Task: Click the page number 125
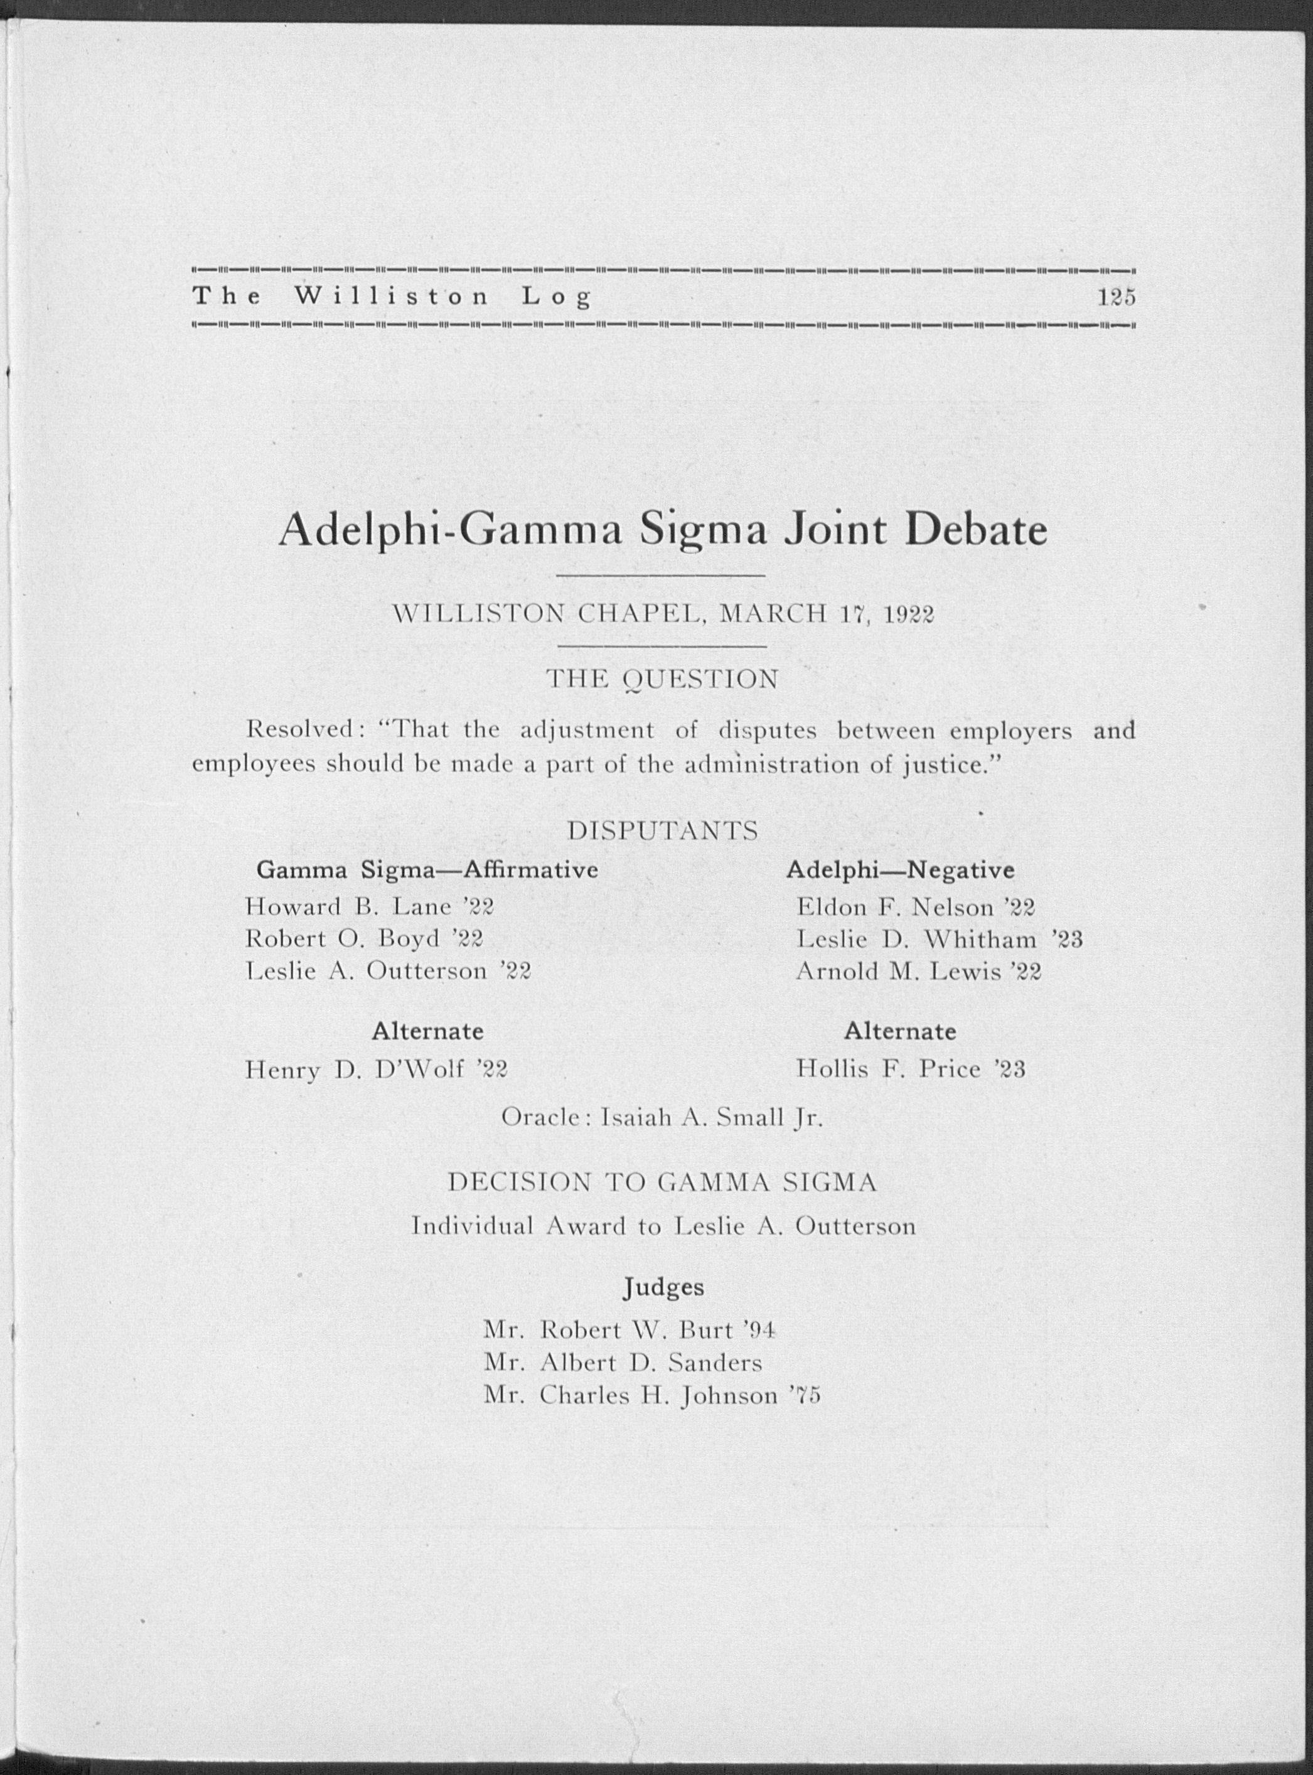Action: point(1117,298)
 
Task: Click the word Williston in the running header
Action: point(392,298)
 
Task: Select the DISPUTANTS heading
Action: point(663,830)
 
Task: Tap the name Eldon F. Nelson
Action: point(896,906)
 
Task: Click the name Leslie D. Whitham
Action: point(916,940)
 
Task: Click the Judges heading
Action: point(663,1286)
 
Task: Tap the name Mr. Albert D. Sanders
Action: point(623,1363)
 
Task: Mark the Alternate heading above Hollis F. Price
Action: point(900,1031)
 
